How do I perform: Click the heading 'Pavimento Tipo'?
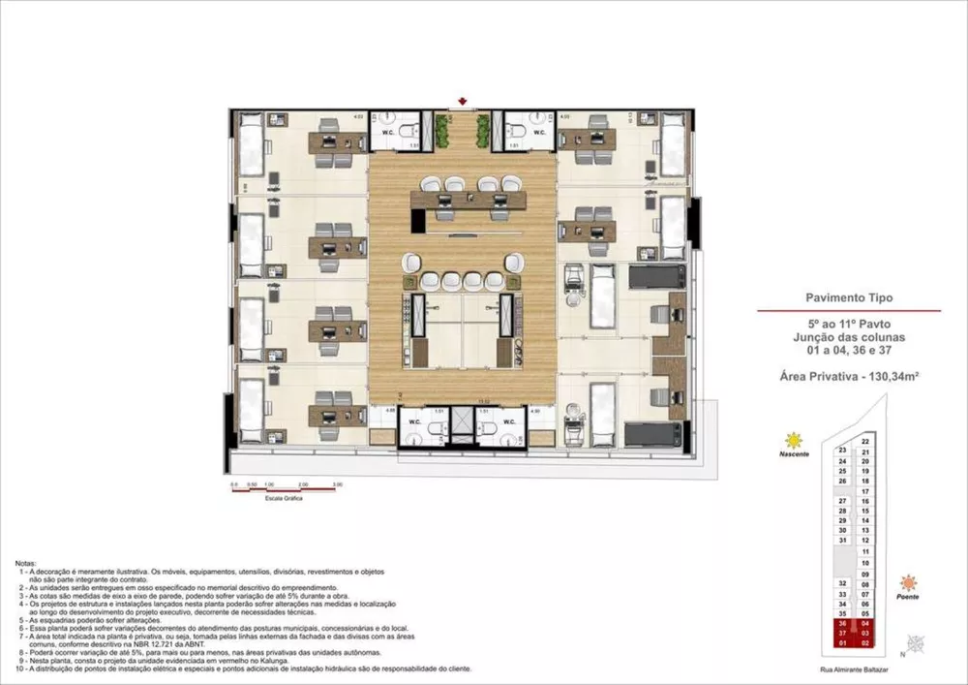click(x=847, y=299)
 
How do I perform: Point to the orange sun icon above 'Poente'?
click(x=908, y=582)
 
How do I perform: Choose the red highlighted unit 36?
click(x=842, y=624)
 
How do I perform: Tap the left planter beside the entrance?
click(x=444, y=130)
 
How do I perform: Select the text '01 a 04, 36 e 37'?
click(x=847, y=349)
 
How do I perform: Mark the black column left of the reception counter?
click(x=417, y=220)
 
